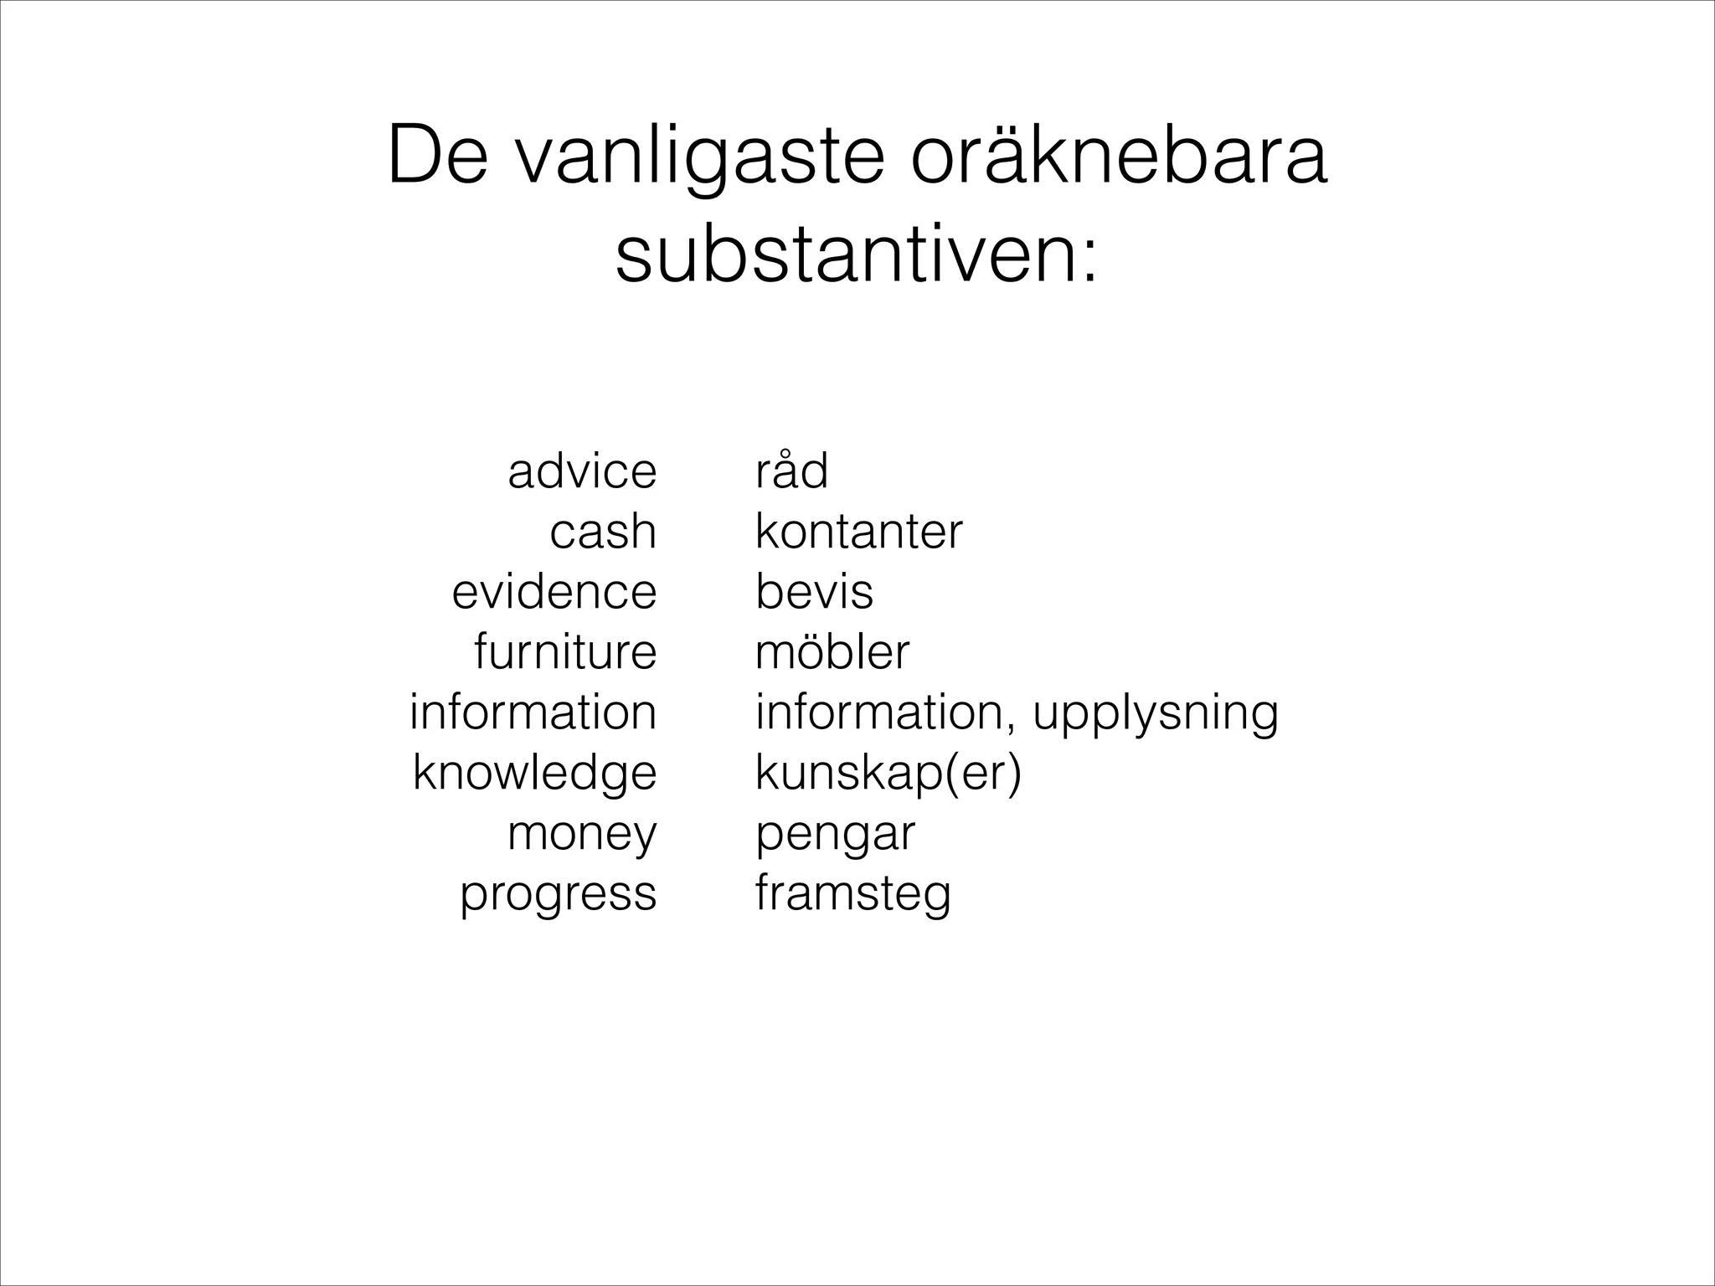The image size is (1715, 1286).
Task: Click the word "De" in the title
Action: pyautogui.click(x=437, y=157)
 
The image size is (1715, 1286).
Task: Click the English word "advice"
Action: pyautogui.click(x=582, y=471)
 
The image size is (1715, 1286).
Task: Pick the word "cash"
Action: pyautogui.click(x=603, y=532)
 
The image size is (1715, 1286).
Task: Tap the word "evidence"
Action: pyautogui.click(x=554, y=592)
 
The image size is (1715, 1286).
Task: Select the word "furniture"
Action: pyautogui.click(x=565, y=652)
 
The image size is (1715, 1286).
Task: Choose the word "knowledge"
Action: pyautogui.click(x=534, y=773)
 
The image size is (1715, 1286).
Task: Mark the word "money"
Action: pyautogui.click(x=582, y=834)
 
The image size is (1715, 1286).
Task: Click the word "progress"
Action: pyautogui.click(x=559, y=894)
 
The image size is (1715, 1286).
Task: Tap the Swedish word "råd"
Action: pyautogui.click(x=791, y=471)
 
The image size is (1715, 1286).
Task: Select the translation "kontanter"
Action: pyautogui.click(x=859, y=532)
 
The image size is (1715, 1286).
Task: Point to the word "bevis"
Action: pyautogui.click(x=814, y=592)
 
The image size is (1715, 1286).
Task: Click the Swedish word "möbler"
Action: pyautogui.click(x=832, y=652)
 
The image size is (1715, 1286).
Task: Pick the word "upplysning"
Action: pyautogui.click(x=1156, y=713)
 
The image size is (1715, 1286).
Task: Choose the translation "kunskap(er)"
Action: pyautogui.click(x=888, y=773)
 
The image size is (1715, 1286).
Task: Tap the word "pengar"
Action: pyautogui.click(x=836, y=834)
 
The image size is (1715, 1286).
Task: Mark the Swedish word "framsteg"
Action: pyautogui.click(x=853, y=894)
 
